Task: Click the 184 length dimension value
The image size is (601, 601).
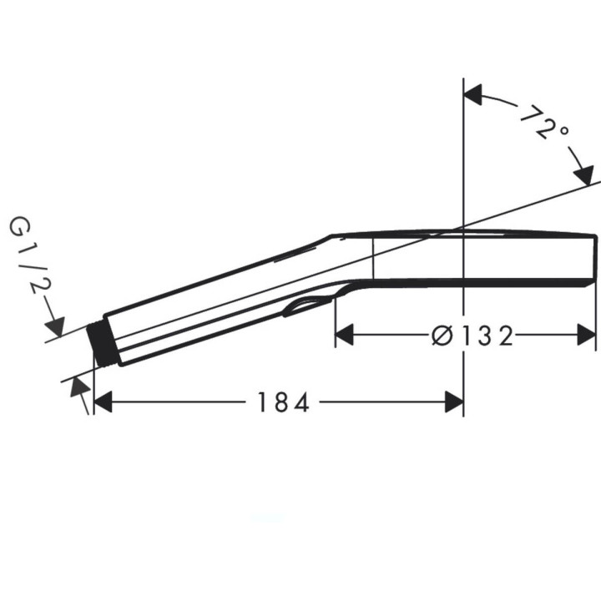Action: (283, 403)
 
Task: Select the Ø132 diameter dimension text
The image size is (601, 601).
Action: (472, 336)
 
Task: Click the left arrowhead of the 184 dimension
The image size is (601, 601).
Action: (103, 402)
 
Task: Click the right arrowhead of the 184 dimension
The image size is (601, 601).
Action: (454, 402)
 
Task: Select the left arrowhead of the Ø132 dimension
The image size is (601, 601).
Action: (344, 336)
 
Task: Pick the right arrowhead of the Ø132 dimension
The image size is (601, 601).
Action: (587, 336)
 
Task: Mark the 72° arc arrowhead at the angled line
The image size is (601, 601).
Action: (582, 174)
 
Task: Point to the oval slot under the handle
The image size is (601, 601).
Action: (306, 306)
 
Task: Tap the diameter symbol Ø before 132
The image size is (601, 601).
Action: (442, 336)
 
